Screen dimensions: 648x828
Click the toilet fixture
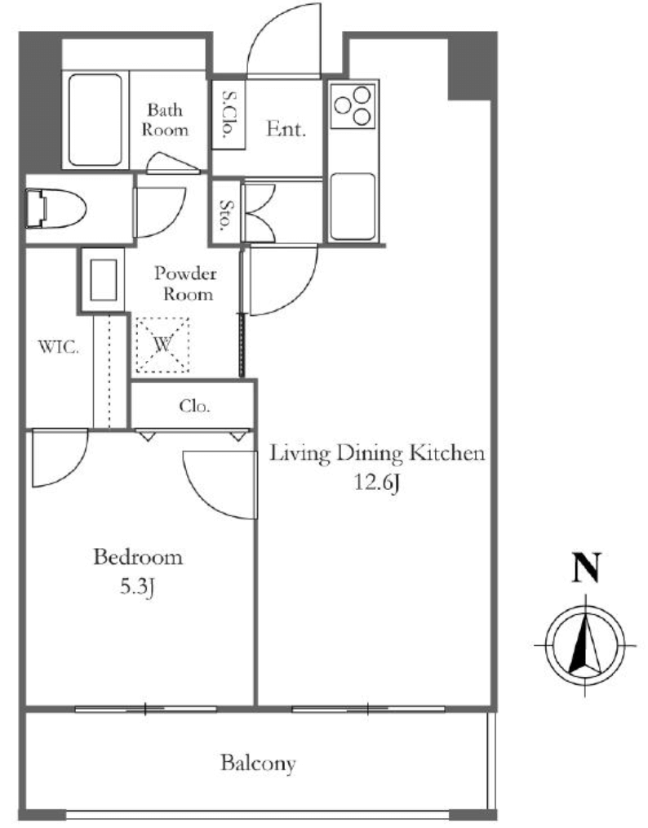point(55,209)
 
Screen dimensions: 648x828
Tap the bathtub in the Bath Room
point(95,120)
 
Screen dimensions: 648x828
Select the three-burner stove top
point(353,105)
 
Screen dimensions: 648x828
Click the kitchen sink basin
point(353,206)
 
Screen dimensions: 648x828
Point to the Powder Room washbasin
point(103,280)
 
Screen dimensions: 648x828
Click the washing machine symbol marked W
point(162,345)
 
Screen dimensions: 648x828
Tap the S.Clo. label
point(229,114)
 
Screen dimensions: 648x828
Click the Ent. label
point(286,129)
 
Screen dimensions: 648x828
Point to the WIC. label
point(58,348)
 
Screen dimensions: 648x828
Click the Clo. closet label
point(194,406)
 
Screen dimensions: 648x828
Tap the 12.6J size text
point(375,483)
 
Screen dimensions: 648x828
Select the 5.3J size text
point(136,587)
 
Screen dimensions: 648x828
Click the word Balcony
point(258,763)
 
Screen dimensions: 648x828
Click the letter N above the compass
point(587,568)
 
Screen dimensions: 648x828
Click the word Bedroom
point(138,558)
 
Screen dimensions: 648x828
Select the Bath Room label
point(165,120)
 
